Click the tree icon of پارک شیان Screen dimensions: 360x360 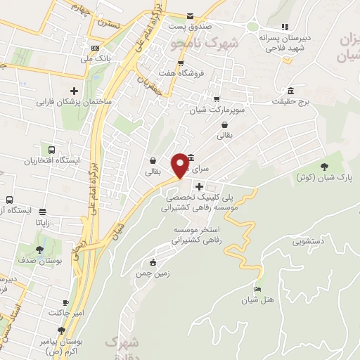click(324, 166)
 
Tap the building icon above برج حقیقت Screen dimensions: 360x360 click(290, 91)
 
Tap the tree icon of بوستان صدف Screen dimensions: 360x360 click(41, 249)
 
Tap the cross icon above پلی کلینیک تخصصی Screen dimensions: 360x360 click(200, 187)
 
